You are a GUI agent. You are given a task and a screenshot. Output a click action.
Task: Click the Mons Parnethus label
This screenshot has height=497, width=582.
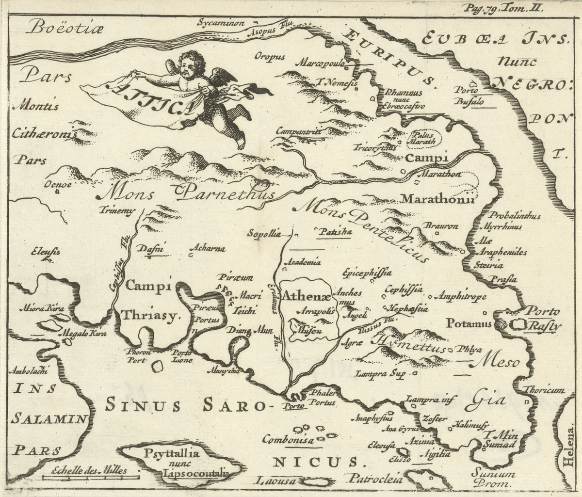pos(187,193)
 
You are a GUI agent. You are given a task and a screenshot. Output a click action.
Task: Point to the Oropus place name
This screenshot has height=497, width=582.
pos(269,57)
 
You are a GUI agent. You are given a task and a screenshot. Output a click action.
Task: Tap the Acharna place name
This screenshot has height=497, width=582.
pos(209,249)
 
